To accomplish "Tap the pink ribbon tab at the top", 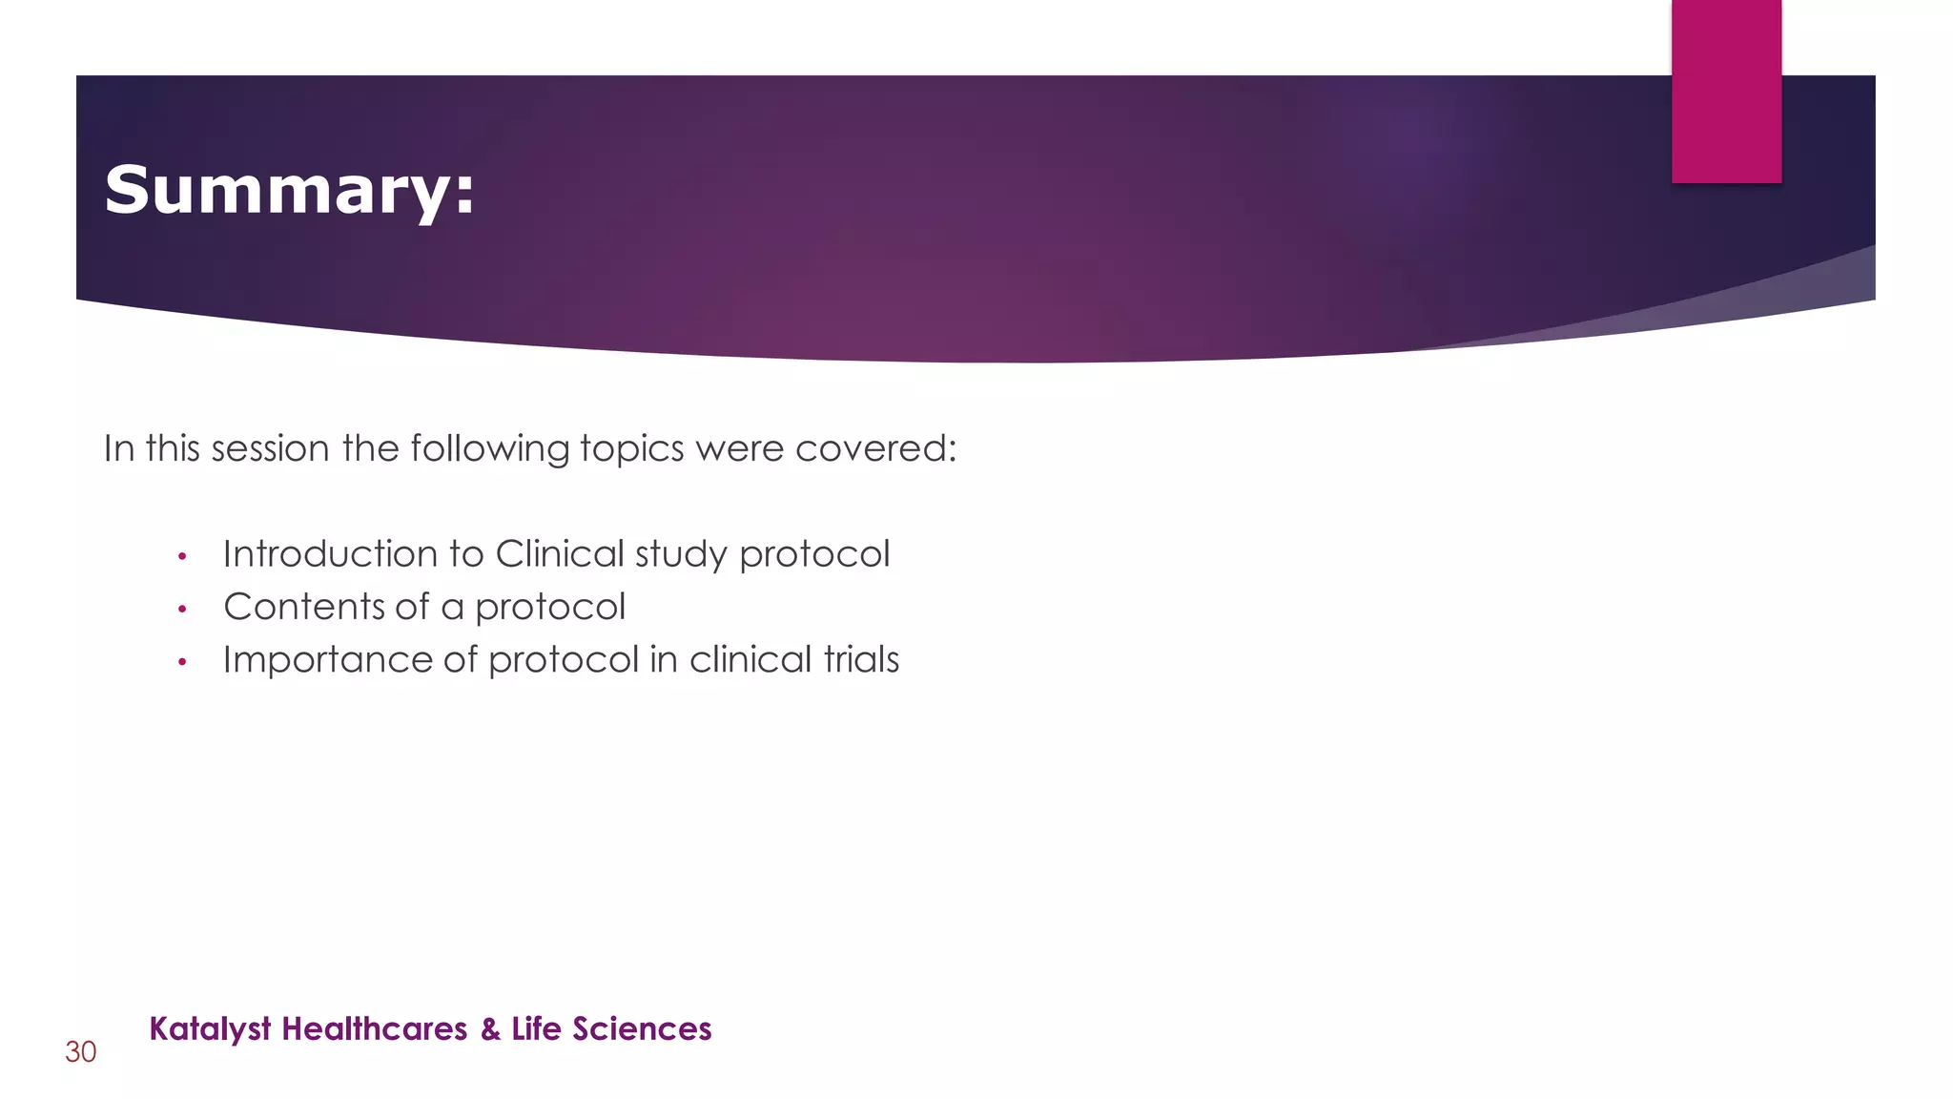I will [x=1726, y=92].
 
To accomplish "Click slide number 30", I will [x=81, y=1052].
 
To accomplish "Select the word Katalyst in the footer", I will [x=211, y=1029].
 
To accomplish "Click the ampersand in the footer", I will [x=490, y=1029].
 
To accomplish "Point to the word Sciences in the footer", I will [x=642, y=1029].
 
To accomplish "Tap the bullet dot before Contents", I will [x=182, y=609].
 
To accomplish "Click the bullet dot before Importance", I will [x=182, y=661].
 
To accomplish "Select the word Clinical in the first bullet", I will [x=560, y=554].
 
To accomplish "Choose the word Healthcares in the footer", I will [x=375, y=1029].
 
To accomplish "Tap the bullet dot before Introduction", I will [x=182, y=556].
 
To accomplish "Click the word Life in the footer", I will [x=536, y=1029].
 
